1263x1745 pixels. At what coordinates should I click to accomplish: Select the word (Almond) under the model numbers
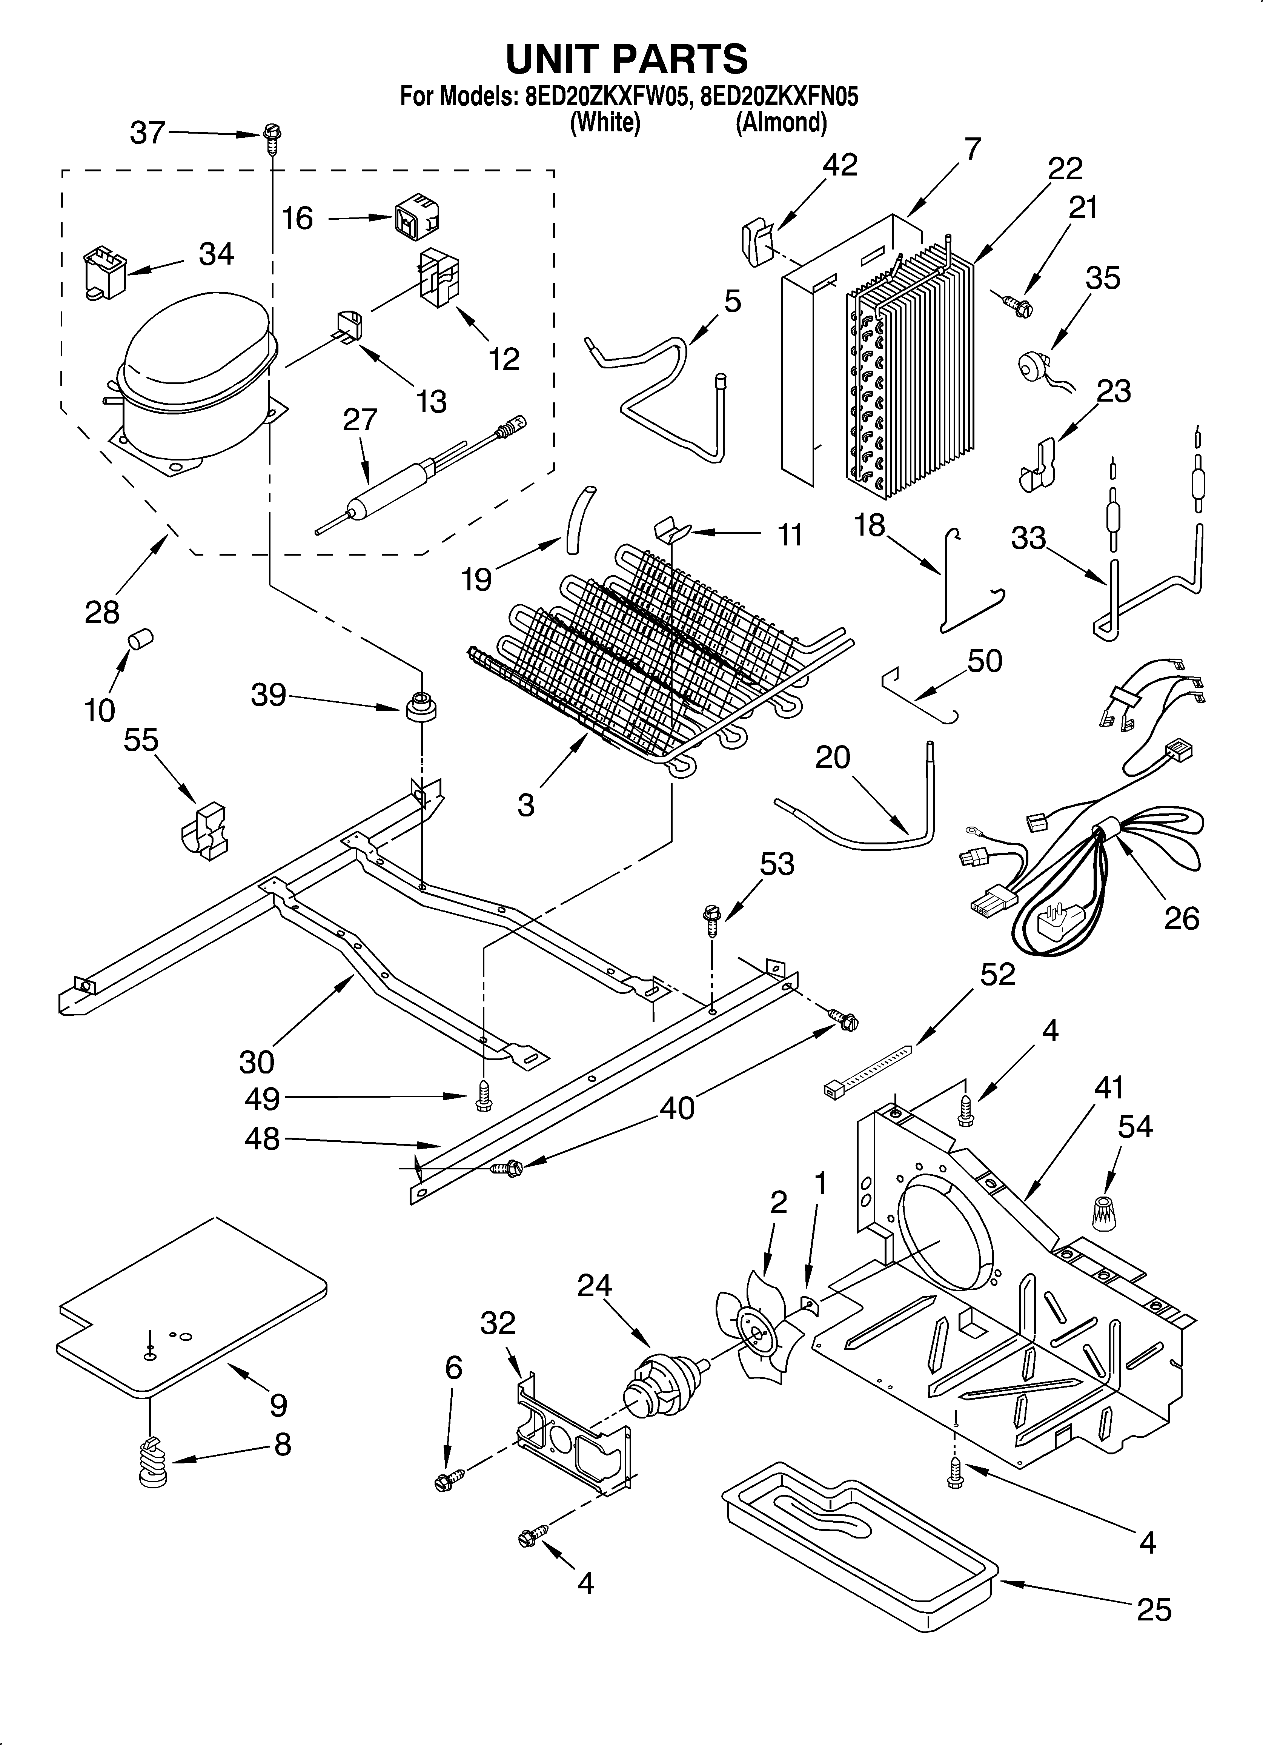[781, 122]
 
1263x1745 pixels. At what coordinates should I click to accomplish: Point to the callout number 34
[216, 254]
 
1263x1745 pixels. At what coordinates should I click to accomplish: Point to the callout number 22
[1065, 168]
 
